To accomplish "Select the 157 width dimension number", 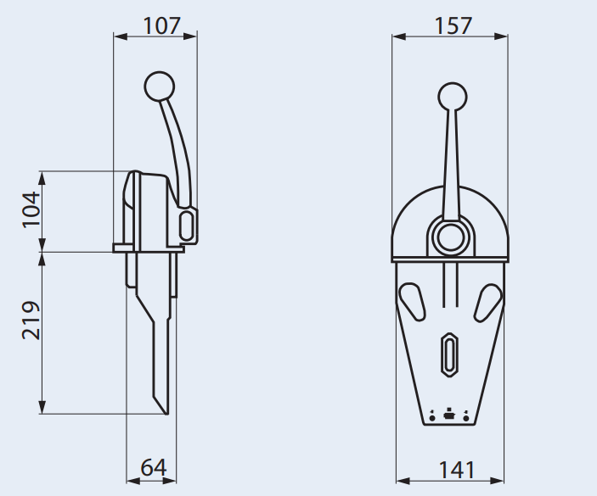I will tap(453, 25).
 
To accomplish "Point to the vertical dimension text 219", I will tap(31, 320).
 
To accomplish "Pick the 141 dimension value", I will tap(456, 469).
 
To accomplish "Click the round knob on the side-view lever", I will tap(159, 85).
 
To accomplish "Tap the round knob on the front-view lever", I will tap(451, 97).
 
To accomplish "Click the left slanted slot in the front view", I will tap(414, 299).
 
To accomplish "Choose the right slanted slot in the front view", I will tap(487, 299).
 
